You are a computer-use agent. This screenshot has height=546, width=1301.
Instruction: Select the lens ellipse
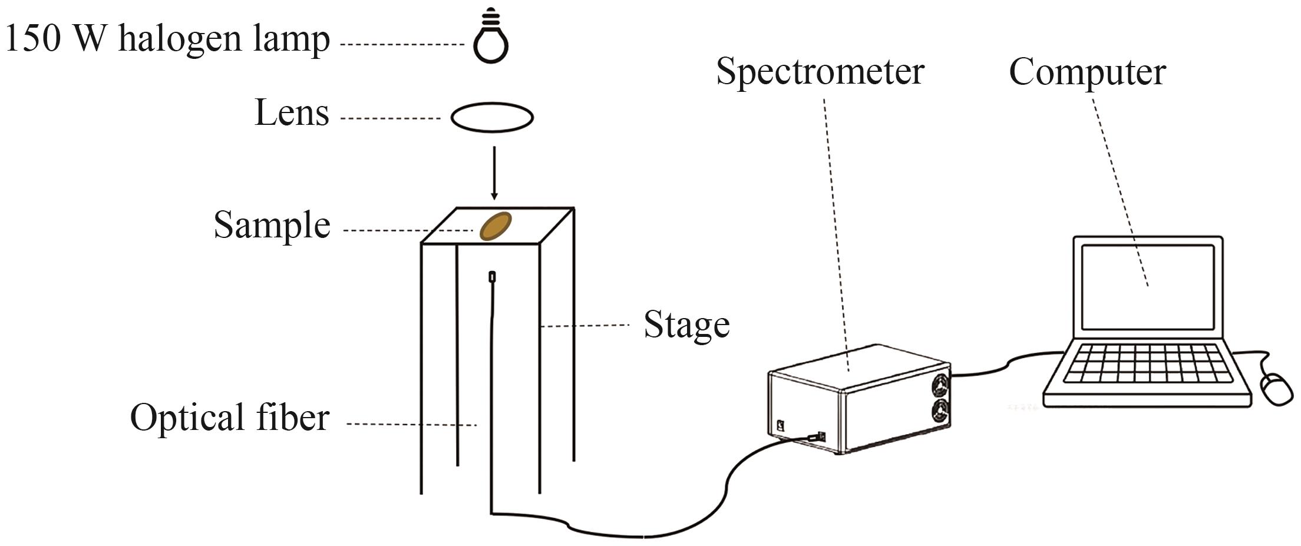coord(492,117)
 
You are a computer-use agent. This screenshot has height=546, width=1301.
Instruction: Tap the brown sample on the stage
coord(496,226)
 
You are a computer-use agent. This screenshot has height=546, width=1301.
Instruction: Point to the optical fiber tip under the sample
coord(492,276)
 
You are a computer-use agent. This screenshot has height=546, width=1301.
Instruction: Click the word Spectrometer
coord(820,72)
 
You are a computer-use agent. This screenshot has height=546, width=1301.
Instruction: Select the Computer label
coord(1087,72)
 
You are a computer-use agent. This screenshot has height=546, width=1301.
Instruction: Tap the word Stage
coord(686,325)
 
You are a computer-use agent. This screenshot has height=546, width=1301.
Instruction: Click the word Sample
coord(272,226)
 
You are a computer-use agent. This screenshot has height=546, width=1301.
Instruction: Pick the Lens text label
coord(292,112)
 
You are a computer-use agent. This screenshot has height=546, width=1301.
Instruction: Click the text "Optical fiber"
coord(229,418)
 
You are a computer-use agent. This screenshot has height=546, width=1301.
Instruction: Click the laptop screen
coord(1148,287)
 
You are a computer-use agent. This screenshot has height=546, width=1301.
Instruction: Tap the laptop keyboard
coord(1148,363)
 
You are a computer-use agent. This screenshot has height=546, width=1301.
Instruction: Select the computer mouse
coord(1276,389)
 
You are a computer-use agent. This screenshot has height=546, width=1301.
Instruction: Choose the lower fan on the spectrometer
coord(940,410)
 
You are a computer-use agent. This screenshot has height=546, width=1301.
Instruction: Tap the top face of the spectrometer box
coord(857,366)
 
